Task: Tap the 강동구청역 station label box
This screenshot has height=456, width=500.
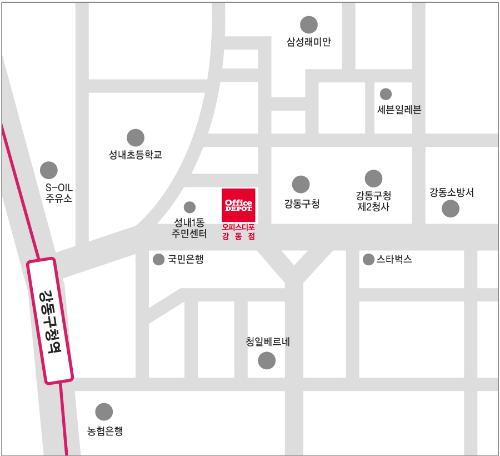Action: pyautogui.click(x=50, y=321)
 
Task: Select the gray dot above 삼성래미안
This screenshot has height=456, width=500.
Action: pyautogui.click(x=308, y=24)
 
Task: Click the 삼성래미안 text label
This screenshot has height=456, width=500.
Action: pyautogui.click(x=308, y=42)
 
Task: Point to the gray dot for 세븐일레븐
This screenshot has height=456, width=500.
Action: pyautogui.click(x=386, y=94)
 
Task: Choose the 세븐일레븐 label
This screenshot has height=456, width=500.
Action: pyautogui.click(x=399, y=110)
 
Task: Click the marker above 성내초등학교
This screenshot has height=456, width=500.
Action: pyautogui.click(x=135, y=137)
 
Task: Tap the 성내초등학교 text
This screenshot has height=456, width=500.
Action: pyautogui.click(x=135, y=155)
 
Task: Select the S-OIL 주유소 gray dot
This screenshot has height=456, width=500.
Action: pyautogui.click(x=49, y=170)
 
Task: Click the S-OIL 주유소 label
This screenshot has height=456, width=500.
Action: pyautogui.click(x=58, y=192)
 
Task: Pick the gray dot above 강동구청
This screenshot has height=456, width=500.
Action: pyautogui.click(x=301, y=184)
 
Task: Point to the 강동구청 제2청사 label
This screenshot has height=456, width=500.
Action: pyautogui.click(x=373, y=201)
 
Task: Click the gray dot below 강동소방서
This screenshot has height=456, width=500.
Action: pyautogui.click(x=451, y=209)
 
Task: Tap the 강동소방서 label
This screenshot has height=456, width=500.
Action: pyautogui.click(x=451, y=192)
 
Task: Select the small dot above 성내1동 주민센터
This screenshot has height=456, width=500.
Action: pyautogui.click(x=189, y=207)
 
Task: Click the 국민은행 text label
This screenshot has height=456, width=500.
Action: pyautogui.click(x=186, y=259)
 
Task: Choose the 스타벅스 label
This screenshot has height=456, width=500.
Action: pyautogui.click(x=394, y=259)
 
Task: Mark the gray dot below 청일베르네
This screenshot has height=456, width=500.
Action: pyautogui.click(x=267, y=361)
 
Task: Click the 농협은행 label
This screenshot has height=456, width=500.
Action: pyautogui.click(x=105, y=430)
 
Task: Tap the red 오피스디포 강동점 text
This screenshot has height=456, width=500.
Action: pyautogui.click(x=238, y=231)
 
